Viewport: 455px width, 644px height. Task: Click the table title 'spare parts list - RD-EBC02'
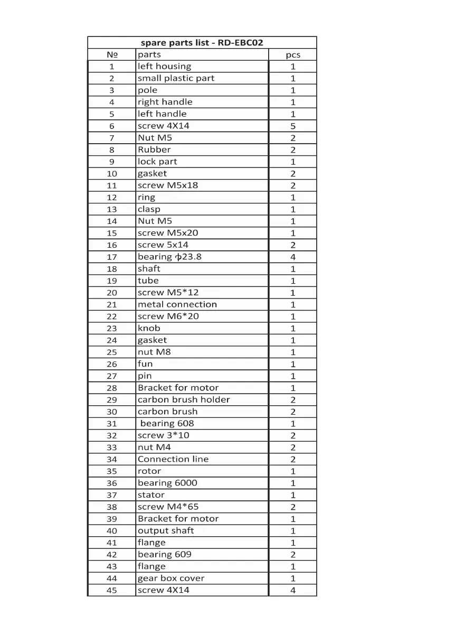pos(202,43)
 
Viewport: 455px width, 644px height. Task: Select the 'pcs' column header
pos(293,54)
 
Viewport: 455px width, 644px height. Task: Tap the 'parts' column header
pos(149,54)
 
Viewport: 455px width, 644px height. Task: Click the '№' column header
pos(112,54)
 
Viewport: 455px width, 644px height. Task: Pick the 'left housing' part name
pos(164,67)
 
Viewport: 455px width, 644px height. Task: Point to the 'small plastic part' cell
pos(176,78)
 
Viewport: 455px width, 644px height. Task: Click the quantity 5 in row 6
pos(293,126)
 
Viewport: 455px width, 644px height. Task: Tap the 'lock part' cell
pos(157,162)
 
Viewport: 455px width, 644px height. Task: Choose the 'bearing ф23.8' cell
pos(169,257)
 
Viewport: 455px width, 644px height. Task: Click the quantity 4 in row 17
pos(293,257)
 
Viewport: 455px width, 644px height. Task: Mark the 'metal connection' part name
pos(177,304)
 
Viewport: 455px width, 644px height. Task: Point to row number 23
pos(112,329)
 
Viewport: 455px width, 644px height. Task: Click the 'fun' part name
pos(145,364)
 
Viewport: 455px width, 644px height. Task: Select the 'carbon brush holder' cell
pos(184,400)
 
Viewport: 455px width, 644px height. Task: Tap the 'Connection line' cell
pos(173,460)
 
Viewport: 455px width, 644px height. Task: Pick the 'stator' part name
pos(151,495)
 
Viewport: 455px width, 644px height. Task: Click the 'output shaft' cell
pos(166,531)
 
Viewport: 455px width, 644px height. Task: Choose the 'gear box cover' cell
pos(171,578)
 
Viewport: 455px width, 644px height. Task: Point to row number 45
pos(112,591)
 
